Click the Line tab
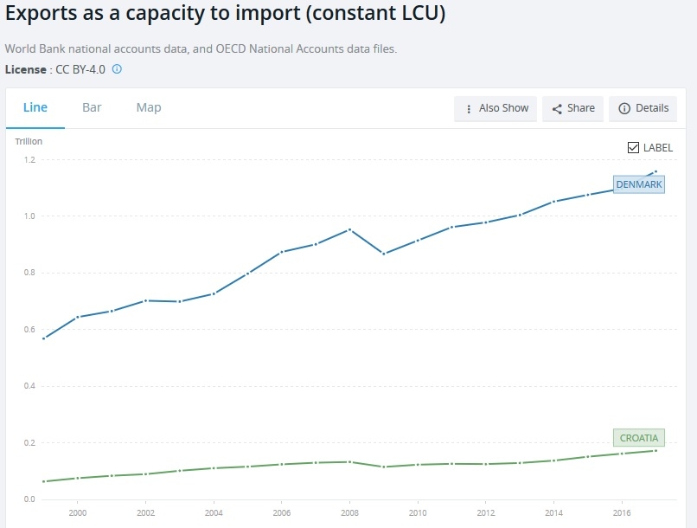[x=35, y=107]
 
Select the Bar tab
[x=92, y=107]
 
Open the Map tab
[x=149, y=107]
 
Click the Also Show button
[x=496, y=108]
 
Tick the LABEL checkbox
[x=633, y=147]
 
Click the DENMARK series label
[x=638, y=184]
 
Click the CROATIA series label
[x=638, y=438]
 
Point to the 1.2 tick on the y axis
[x=29, y=160]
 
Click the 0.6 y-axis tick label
[x=29, y=330]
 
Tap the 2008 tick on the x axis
[x=348, y=512]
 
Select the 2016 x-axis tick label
[x=621, y=512]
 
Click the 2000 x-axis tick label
[x=77, y=512]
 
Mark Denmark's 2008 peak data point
[x=348, y=229]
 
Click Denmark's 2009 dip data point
[x=383, y=254]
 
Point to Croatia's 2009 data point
[x=383, y=467]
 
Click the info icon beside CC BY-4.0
[x=117, y=68]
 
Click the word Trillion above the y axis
[x=29, y=141]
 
